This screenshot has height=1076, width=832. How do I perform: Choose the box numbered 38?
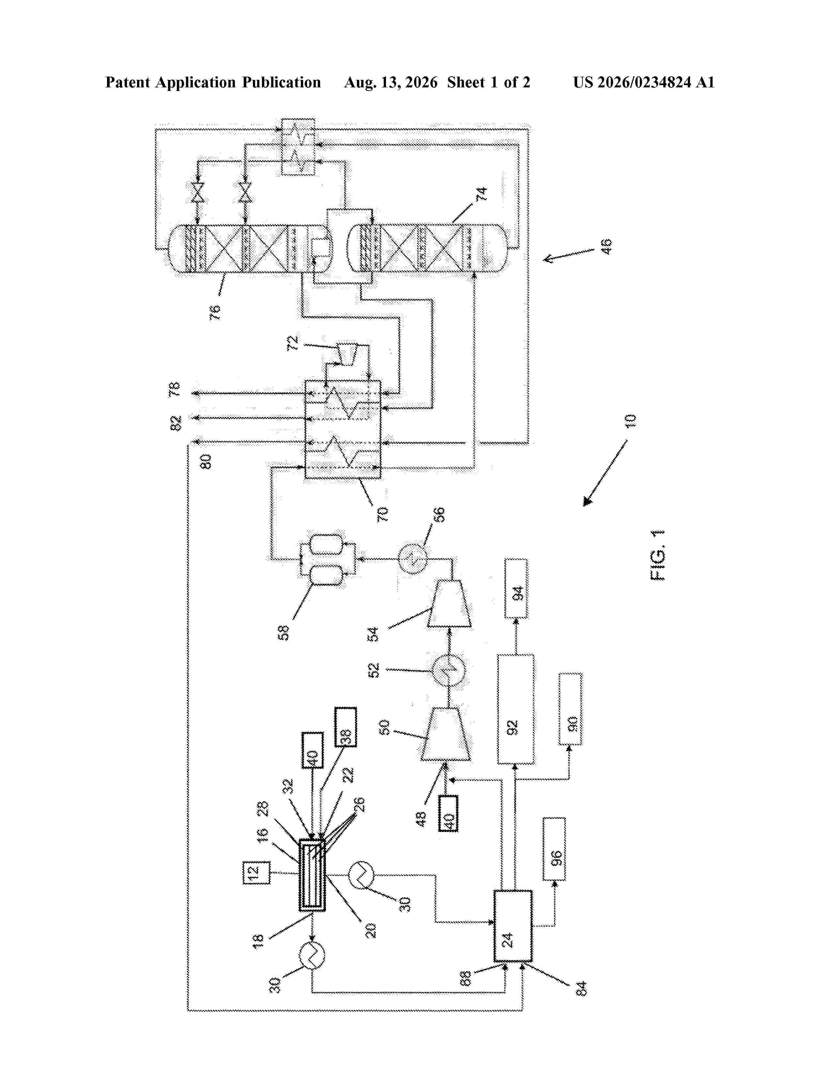[346, 727]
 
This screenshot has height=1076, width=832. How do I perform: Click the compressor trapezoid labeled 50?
[445, 734]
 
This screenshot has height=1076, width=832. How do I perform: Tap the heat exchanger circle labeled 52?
[449, 670]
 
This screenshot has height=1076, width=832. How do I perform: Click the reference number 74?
[481, 194]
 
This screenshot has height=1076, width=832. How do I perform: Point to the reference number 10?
[630, 421]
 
